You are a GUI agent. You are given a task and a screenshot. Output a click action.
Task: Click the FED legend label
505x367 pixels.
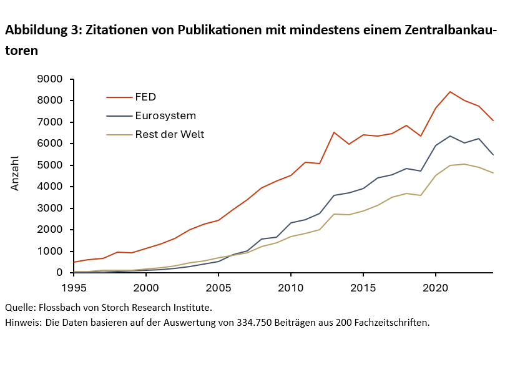tap(145, 97)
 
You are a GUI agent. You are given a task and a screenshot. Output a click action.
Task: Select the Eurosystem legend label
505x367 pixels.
tap(165, 115)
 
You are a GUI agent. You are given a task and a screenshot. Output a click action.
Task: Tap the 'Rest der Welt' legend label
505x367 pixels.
tap(169, 134)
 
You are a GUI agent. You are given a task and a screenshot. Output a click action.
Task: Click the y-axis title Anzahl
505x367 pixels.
tap(15, 173)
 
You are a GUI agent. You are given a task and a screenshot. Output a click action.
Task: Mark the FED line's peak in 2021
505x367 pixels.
tap(450, 92)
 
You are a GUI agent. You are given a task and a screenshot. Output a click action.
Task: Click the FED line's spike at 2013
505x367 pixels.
tap(334, 132)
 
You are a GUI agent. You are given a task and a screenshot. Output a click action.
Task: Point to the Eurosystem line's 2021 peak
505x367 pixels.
tap(450, 136)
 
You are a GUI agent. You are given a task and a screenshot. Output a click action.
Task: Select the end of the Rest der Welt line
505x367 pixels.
tap(493, 173)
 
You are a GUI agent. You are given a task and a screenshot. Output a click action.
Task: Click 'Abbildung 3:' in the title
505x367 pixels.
tap(42, 30)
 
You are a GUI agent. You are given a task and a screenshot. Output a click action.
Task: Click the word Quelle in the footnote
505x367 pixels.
tap(19, 307)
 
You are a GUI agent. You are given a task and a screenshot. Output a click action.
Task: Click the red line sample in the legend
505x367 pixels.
tap(119, 97)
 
